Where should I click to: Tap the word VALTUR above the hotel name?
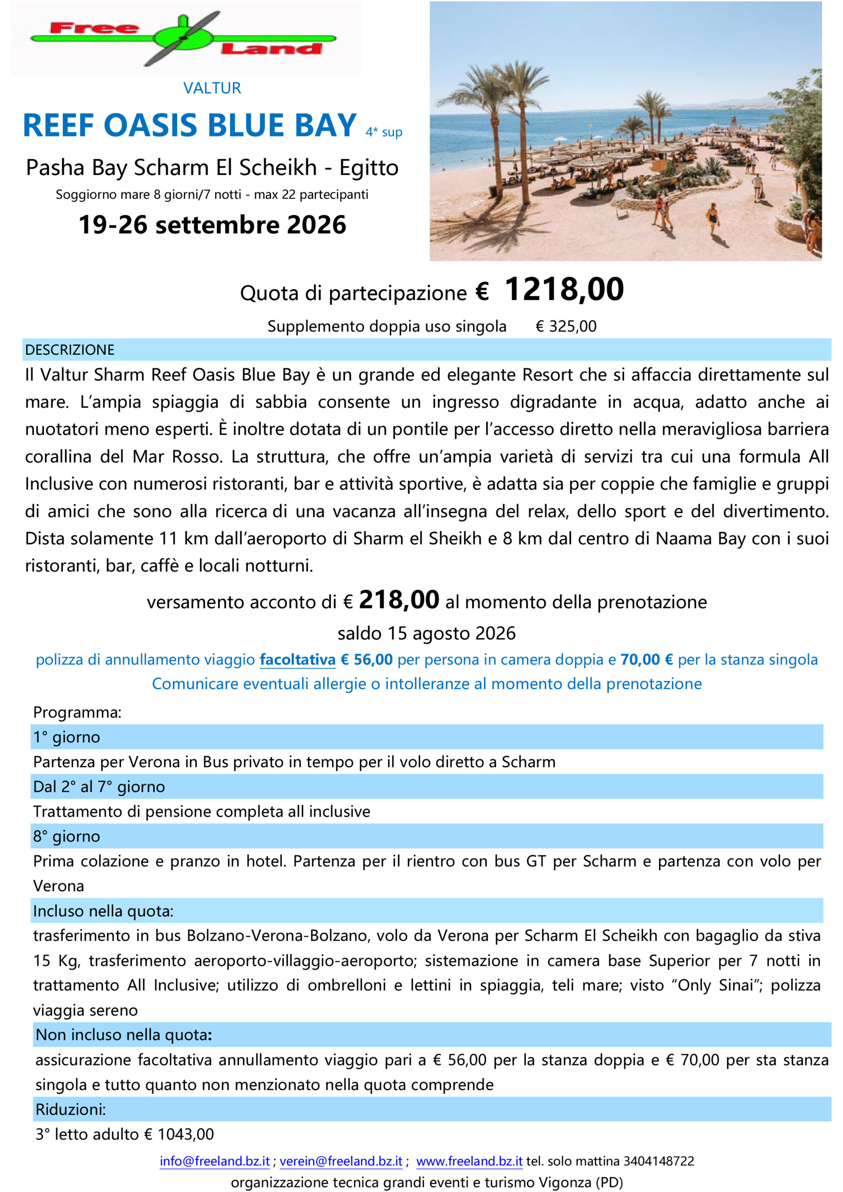[x=212, y=88]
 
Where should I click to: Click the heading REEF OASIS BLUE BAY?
[x=190, y=125]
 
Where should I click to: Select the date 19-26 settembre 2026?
[x=212, y=225]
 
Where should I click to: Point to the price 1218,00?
[x=564, y=289]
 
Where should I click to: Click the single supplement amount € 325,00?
[x=565, y=326]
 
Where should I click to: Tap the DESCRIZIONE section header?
[x=69, y=350]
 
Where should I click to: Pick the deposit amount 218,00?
[x=399, y=600]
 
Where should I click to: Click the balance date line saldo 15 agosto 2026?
[x=427, y=633]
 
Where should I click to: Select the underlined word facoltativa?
[x=298, y=660]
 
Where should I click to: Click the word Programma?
[x=77, y=712]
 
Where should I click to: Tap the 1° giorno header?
[x=67, y=737]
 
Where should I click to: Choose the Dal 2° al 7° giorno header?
[x=99, y=787]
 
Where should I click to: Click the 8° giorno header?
[x=67, y=836]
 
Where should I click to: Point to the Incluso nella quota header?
[x=103, y=911]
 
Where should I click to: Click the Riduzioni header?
[x=70, y=1110]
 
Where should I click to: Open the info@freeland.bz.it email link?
[x=215, y=1161]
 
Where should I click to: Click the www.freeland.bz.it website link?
[x=469, y=1161]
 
